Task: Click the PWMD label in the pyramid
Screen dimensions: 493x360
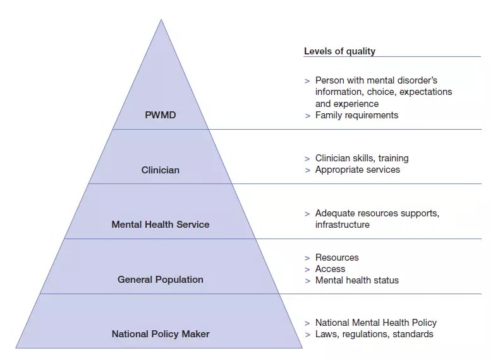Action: click(x=161, y=115)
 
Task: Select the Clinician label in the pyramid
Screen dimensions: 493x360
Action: click(x=161, y=170)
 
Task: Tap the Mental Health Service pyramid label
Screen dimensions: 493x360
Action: click(x=161, y=225)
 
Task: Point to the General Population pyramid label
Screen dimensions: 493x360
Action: click(x=161, y=280)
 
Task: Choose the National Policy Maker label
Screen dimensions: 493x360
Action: click(x=161, y=334)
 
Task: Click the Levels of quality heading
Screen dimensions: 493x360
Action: click(x=339, y=51)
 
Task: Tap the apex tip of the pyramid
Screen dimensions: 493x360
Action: click(x=161, y=20)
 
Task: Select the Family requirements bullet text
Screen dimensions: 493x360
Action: click(x=357, y=115)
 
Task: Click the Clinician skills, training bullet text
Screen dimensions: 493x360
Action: click(x=362, y=158)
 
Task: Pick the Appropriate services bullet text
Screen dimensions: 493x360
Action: click(x=358, y=170)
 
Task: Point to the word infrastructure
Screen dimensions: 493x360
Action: click(x=343, y=225)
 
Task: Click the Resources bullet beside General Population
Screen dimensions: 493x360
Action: click(x=337, y=258)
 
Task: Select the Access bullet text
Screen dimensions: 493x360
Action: click(x=330, y=269)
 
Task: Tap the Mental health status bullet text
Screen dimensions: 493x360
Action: click(x=357, y=280)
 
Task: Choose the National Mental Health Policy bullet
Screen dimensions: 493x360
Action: click(x=376, y=323)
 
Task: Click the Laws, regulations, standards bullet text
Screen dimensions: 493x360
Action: click(x=374, y=334)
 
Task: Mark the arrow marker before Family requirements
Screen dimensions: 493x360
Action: click(x=308, y=116)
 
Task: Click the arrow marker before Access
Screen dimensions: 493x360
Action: click(x=308, y=270)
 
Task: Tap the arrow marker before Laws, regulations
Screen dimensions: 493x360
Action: click(x=308, y=335)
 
